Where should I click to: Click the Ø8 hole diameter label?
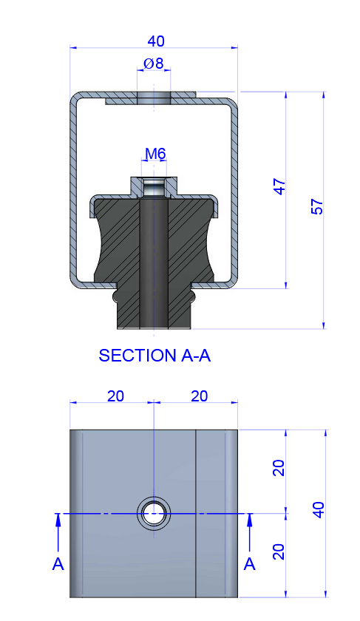(154, 64)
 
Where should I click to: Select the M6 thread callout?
(155, 154)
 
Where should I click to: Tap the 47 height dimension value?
(279, 186)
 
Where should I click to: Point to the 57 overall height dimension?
(318, 208)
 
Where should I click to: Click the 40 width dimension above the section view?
(155, 41)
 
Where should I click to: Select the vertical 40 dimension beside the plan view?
(319, 510)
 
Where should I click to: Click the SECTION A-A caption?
(154, 356)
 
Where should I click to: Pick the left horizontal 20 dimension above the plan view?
(115, 396)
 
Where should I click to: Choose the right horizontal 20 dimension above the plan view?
(199, 396)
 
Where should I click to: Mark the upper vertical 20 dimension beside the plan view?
(279, 468)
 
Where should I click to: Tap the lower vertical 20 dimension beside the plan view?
(279, 552)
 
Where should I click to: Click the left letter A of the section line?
(58, 565)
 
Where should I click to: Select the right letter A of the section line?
(250, 565)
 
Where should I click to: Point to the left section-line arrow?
(58, 529)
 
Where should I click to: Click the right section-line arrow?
(250, 529)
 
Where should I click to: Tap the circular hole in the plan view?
(154, 512)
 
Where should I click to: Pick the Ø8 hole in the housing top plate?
(154, 98)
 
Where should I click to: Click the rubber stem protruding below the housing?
(154, 310)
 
